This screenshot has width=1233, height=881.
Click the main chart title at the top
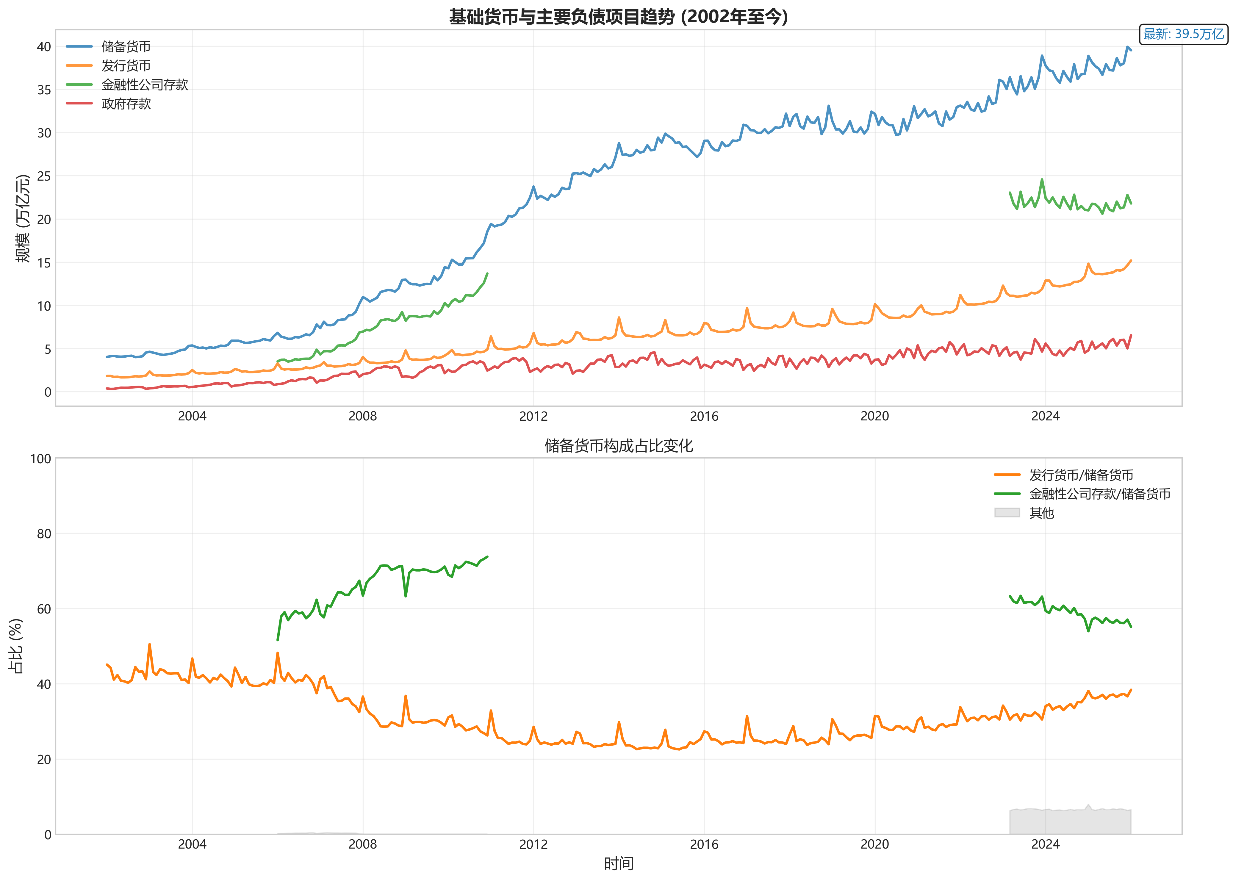[618, 17]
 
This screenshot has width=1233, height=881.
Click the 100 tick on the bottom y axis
[40, 459]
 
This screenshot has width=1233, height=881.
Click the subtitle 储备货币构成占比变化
[618, 446]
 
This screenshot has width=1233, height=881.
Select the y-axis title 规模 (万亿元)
[23, 219]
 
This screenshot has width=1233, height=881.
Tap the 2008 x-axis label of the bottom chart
[362, 845]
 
